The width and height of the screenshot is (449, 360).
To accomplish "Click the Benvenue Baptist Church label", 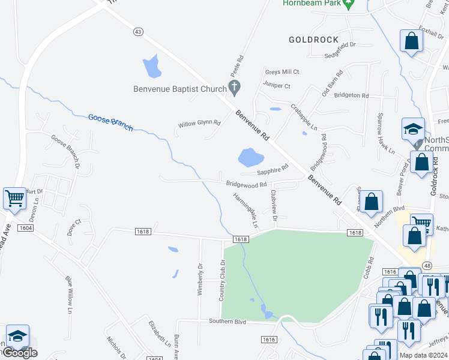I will [x=180, y=89].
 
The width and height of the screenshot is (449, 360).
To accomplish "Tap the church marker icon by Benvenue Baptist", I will [x=235, y=88].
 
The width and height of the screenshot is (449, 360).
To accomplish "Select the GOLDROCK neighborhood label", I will [x=314, y=40].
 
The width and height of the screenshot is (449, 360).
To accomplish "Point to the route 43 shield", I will [x=138, y=31].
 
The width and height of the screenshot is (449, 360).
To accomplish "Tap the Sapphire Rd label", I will [x=273, y=171].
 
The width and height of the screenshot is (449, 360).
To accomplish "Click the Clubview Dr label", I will [x=274, y=205].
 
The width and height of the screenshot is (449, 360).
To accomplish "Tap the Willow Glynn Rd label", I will [x=199, y=124].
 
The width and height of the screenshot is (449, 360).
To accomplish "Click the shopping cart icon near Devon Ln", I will [x=14, y=198].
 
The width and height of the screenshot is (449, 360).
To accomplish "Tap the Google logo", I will [x=19, y=353].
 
